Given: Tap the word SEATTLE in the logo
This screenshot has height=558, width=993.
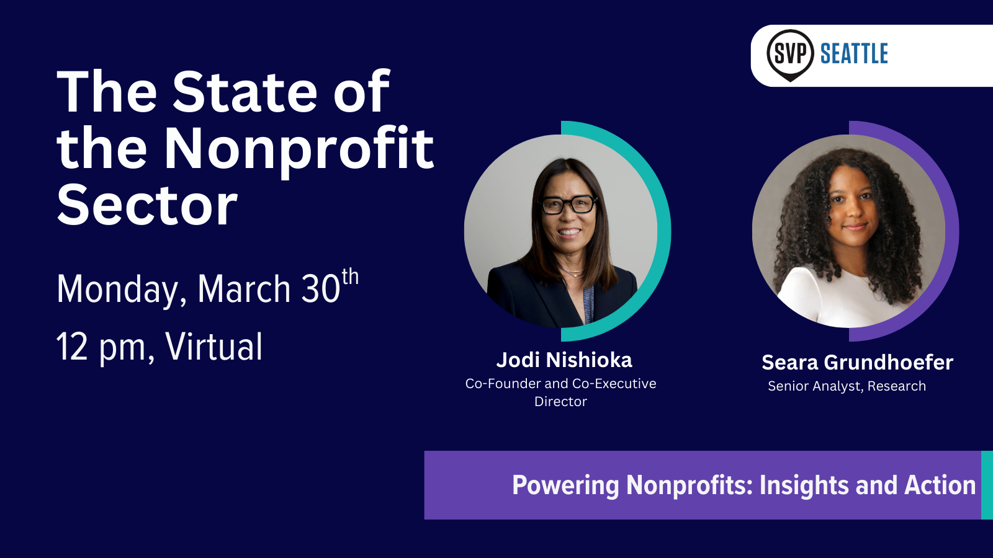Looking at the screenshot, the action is (x=854, y=53).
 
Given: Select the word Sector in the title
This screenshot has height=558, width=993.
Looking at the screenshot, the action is (x=147, y=205).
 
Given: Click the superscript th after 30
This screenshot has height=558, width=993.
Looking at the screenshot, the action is (x=350, y=277).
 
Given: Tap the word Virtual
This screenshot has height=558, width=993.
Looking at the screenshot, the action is (x=213, y=347).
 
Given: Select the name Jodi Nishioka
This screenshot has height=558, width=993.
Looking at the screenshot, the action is (x=564, y=360).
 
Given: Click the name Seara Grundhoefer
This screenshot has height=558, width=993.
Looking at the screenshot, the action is (x=857, y=363).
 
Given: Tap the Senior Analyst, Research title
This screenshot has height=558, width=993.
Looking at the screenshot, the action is (x=847, y=386).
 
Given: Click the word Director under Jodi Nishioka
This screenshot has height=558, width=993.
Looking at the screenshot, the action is (x=560, y=402).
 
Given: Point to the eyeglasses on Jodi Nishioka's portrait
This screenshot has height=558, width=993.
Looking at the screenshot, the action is (x=567, y=205).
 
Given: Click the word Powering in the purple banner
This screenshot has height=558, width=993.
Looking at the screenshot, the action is (x=565, y=486).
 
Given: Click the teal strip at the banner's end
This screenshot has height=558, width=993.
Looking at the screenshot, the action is (x=987, y=485).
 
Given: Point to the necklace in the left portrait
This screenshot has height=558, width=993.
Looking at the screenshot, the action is (x=572, y=272).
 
